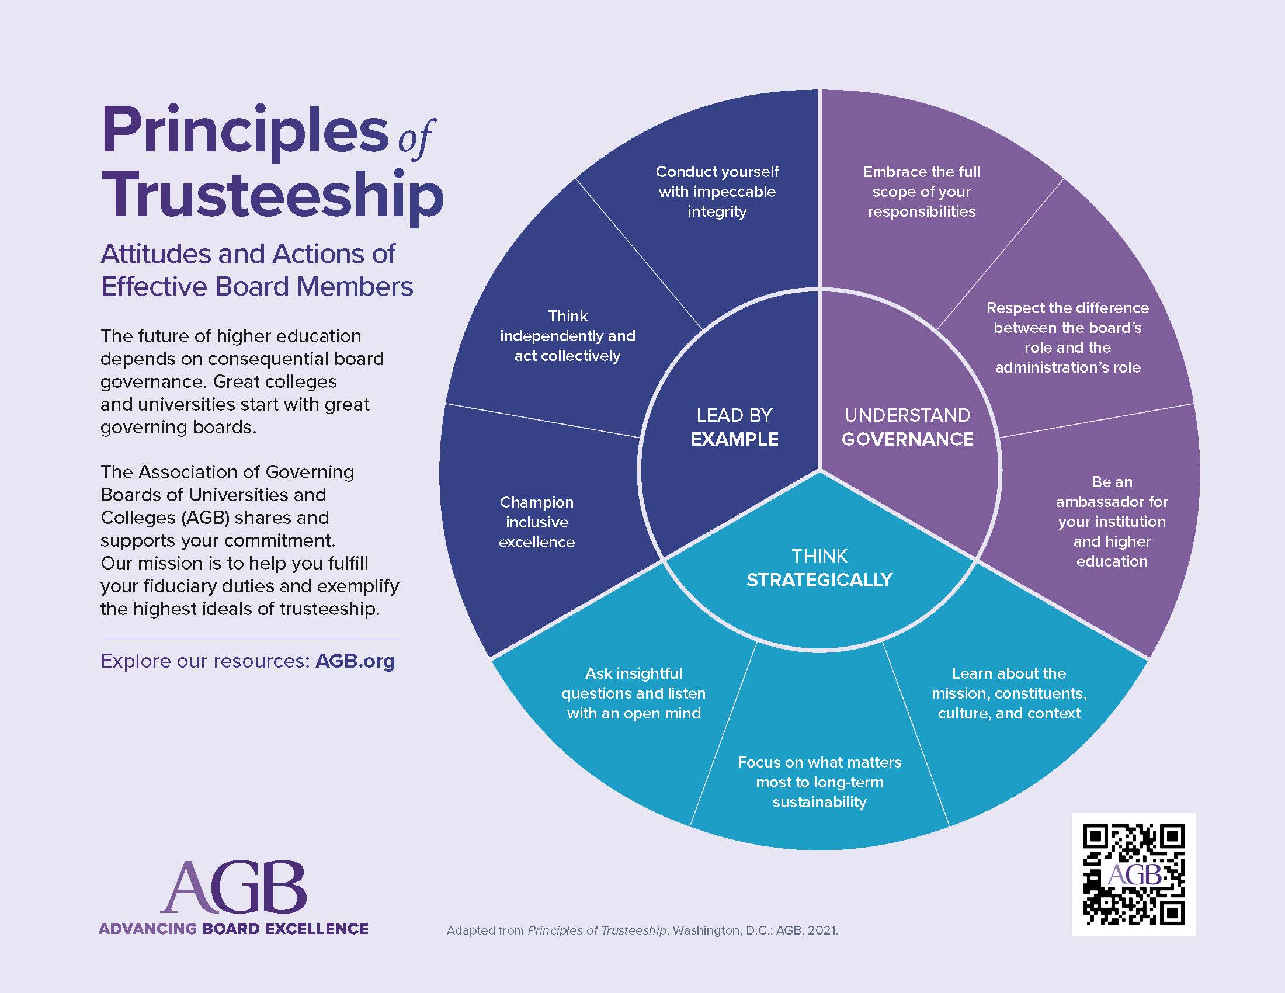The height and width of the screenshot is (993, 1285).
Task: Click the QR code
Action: click(1133, 874)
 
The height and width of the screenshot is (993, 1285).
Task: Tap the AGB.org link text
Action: click(355, 661)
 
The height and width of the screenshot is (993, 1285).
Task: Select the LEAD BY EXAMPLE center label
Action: click(734, 427)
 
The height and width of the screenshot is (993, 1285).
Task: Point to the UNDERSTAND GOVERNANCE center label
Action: click(907, 427)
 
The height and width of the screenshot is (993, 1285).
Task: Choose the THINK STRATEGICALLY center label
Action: click(819, 568)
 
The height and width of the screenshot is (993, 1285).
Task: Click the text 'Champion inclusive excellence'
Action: click(537, 522)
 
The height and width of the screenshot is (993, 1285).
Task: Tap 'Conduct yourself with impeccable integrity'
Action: click(717, 191)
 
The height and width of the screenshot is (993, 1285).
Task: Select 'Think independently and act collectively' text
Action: click(568, 335)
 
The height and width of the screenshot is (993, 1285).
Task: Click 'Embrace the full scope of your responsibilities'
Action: click(921, 191)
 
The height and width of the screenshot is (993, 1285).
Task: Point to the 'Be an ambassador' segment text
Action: click(1112, 521)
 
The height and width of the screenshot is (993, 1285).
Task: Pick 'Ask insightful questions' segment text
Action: click(634, 693)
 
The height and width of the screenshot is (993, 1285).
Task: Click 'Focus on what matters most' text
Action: click(819, 782)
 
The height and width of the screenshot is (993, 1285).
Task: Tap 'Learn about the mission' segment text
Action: click(1009, 693)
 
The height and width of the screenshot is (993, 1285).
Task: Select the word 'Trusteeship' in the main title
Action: click(272, 194)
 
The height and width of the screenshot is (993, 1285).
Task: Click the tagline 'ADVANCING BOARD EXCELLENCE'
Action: click(234, 929)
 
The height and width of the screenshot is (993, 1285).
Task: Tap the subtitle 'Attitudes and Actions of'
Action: click(248, 254)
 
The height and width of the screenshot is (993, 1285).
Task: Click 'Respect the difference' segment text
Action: click(1067, 337)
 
